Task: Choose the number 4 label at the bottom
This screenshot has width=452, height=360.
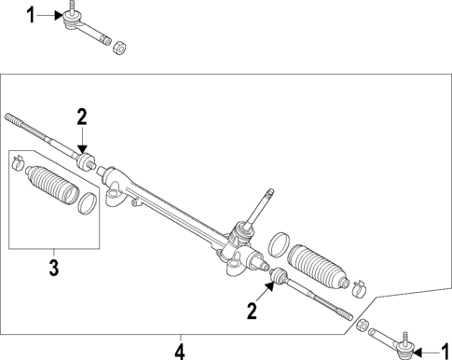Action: tap(180, 351)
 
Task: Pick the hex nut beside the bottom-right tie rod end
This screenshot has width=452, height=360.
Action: tap(364, 325)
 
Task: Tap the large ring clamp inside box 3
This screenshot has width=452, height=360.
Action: tap(87, 202)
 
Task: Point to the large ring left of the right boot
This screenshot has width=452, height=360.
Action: tap(278, 246)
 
